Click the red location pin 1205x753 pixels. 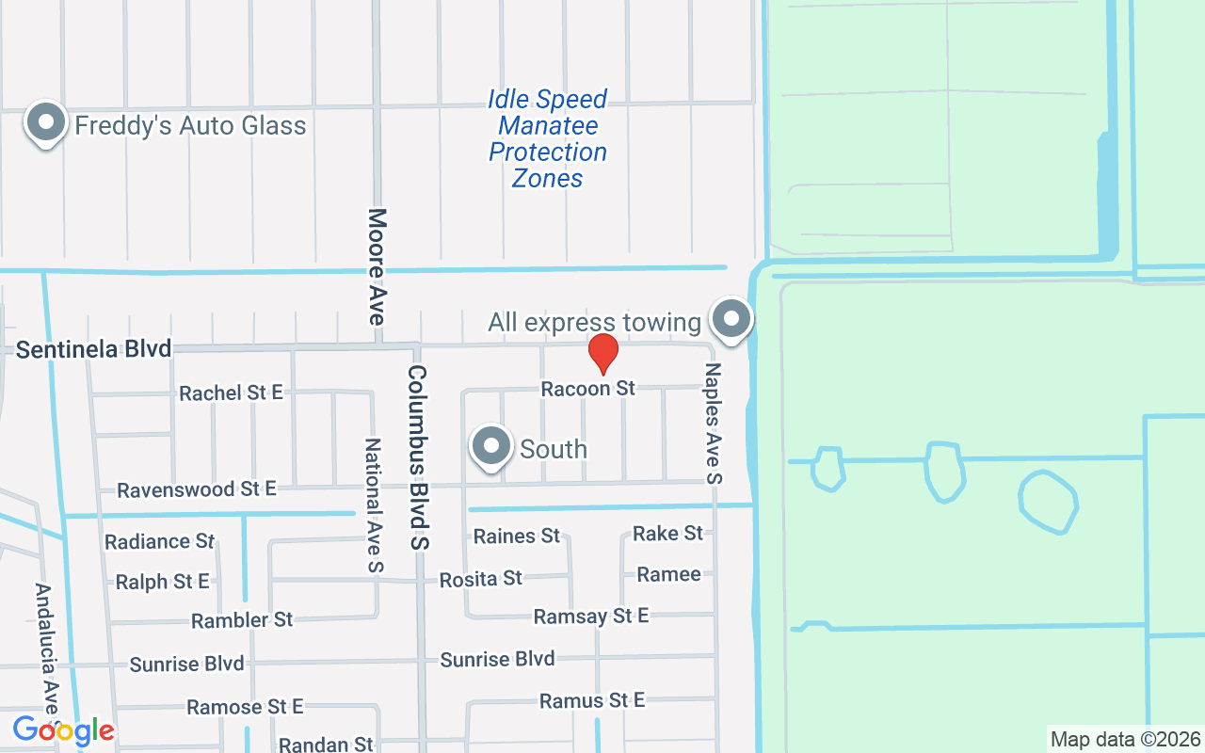coord(602,354)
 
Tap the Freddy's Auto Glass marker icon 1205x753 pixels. coord(44,123)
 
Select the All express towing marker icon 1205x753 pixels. coord(731,318)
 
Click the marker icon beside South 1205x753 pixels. coord(490,447)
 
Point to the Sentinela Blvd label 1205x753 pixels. coord(94,349)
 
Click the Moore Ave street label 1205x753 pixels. coord(378,267)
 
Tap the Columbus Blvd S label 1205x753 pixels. coord(418,457)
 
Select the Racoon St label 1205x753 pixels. coord(588,388)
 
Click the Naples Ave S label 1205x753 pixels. coord(713,423)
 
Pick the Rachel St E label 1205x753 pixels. coord(231,393)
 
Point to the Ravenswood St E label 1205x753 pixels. coord(196,489)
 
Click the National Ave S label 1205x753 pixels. coord(374,505)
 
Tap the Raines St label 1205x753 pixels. coord(516,537)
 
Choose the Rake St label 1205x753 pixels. coord(667,534)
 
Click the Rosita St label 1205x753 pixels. coord(480,578)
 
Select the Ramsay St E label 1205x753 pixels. coord(590,617)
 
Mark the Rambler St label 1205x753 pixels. coord(242,620)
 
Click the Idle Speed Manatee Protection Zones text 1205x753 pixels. coord(548,138)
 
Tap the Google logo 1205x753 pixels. coord(63,730)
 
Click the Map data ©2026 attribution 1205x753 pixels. coord(1126,739)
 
